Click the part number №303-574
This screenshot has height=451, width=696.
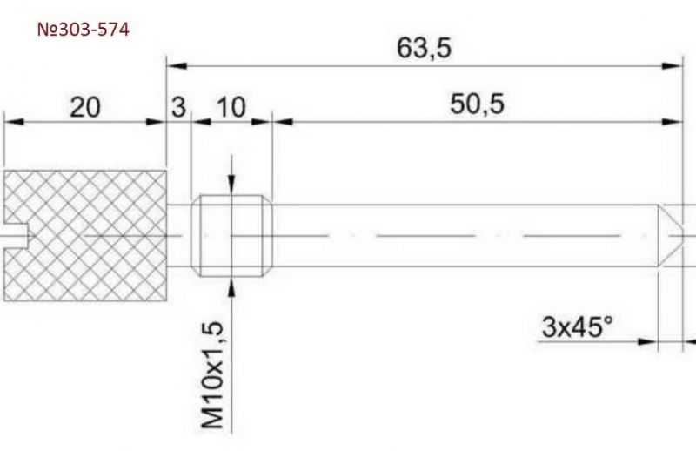(83, 30)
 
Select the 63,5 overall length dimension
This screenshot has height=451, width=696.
(424, 48)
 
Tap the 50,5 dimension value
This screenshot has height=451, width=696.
(477, 104)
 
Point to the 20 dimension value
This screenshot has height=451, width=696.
(85, 108)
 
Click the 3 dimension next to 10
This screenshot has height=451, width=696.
(178, 108)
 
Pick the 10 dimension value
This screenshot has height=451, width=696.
(231, 108)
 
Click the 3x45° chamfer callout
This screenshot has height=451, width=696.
(577, 327)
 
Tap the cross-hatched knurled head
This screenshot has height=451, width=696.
(85, 235)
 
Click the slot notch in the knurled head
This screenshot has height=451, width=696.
(16, 235)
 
